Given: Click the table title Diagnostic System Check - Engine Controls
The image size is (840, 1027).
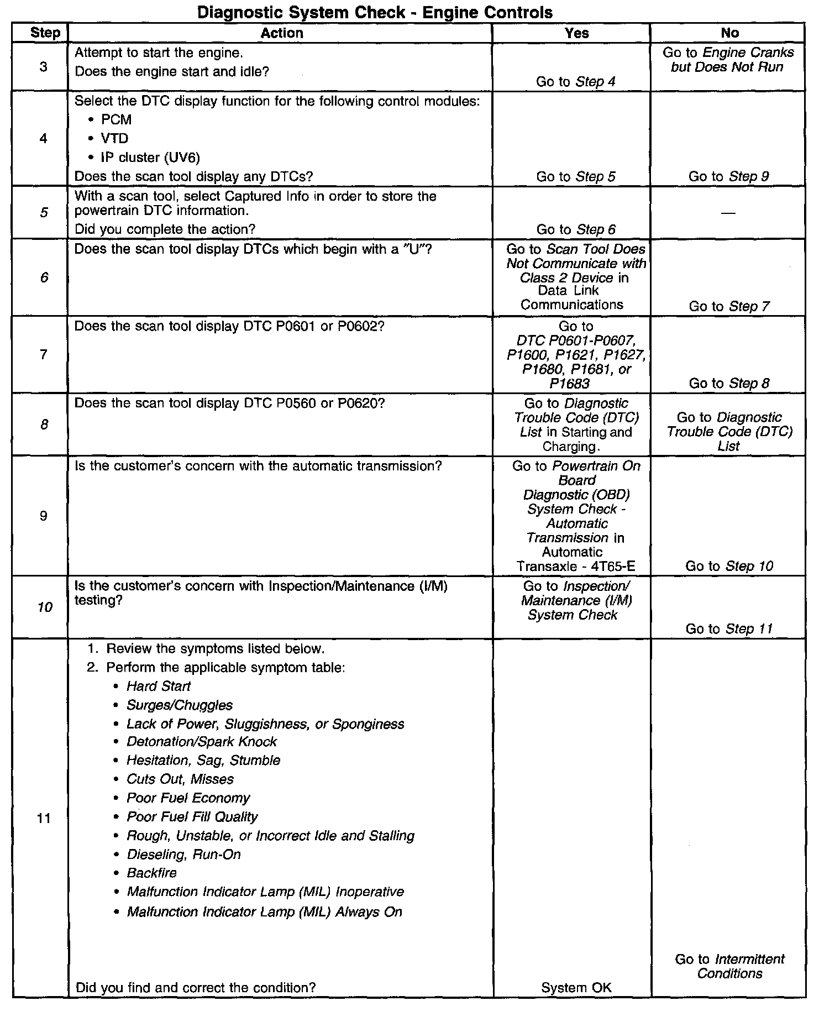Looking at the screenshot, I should pos(375,12).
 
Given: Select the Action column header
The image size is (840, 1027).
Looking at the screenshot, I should pos(281,33).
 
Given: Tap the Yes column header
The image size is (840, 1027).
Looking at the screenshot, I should pos(576,33).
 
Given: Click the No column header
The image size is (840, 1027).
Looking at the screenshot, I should pos(729,33).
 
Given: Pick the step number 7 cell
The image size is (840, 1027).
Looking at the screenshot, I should pos(44,354).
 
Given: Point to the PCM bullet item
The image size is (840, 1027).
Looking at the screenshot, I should pos(116,119).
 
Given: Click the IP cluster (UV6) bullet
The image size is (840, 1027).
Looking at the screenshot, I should pos(150,158).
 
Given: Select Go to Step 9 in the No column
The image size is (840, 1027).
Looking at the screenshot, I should pos(728,176).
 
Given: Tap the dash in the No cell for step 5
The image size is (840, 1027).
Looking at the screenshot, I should pos(728,213).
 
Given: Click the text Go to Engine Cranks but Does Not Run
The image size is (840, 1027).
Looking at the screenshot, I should pos(728,60).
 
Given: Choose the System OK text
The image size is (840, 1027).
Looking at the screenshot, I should pos(576,988).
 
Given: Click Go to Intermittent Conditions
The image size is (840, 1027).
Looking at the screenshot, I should pos(729,966).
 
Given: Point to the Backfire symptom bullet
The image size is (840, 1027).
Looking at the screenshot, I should pos(151,873).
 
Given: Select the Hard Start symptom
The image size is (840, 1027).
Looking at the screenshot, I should pos(158,686).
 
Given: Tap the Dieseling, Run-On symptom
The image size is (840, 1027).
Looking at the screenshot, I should pos(183,854).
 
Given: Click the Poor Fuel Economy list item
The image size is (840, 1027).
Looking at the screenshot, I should pos(188,798).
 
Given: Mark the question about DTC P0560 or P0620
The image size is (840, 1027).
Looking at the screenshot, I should pos(229,404).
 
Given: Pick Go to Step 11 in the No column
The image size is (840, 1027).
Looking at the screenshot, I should pos(729,628).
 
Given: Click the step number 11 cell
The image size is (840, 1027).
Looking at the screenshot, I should pos(44,818).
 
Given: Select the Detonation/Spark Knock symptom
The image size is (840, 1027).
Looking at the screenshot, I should pos(201,741).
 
